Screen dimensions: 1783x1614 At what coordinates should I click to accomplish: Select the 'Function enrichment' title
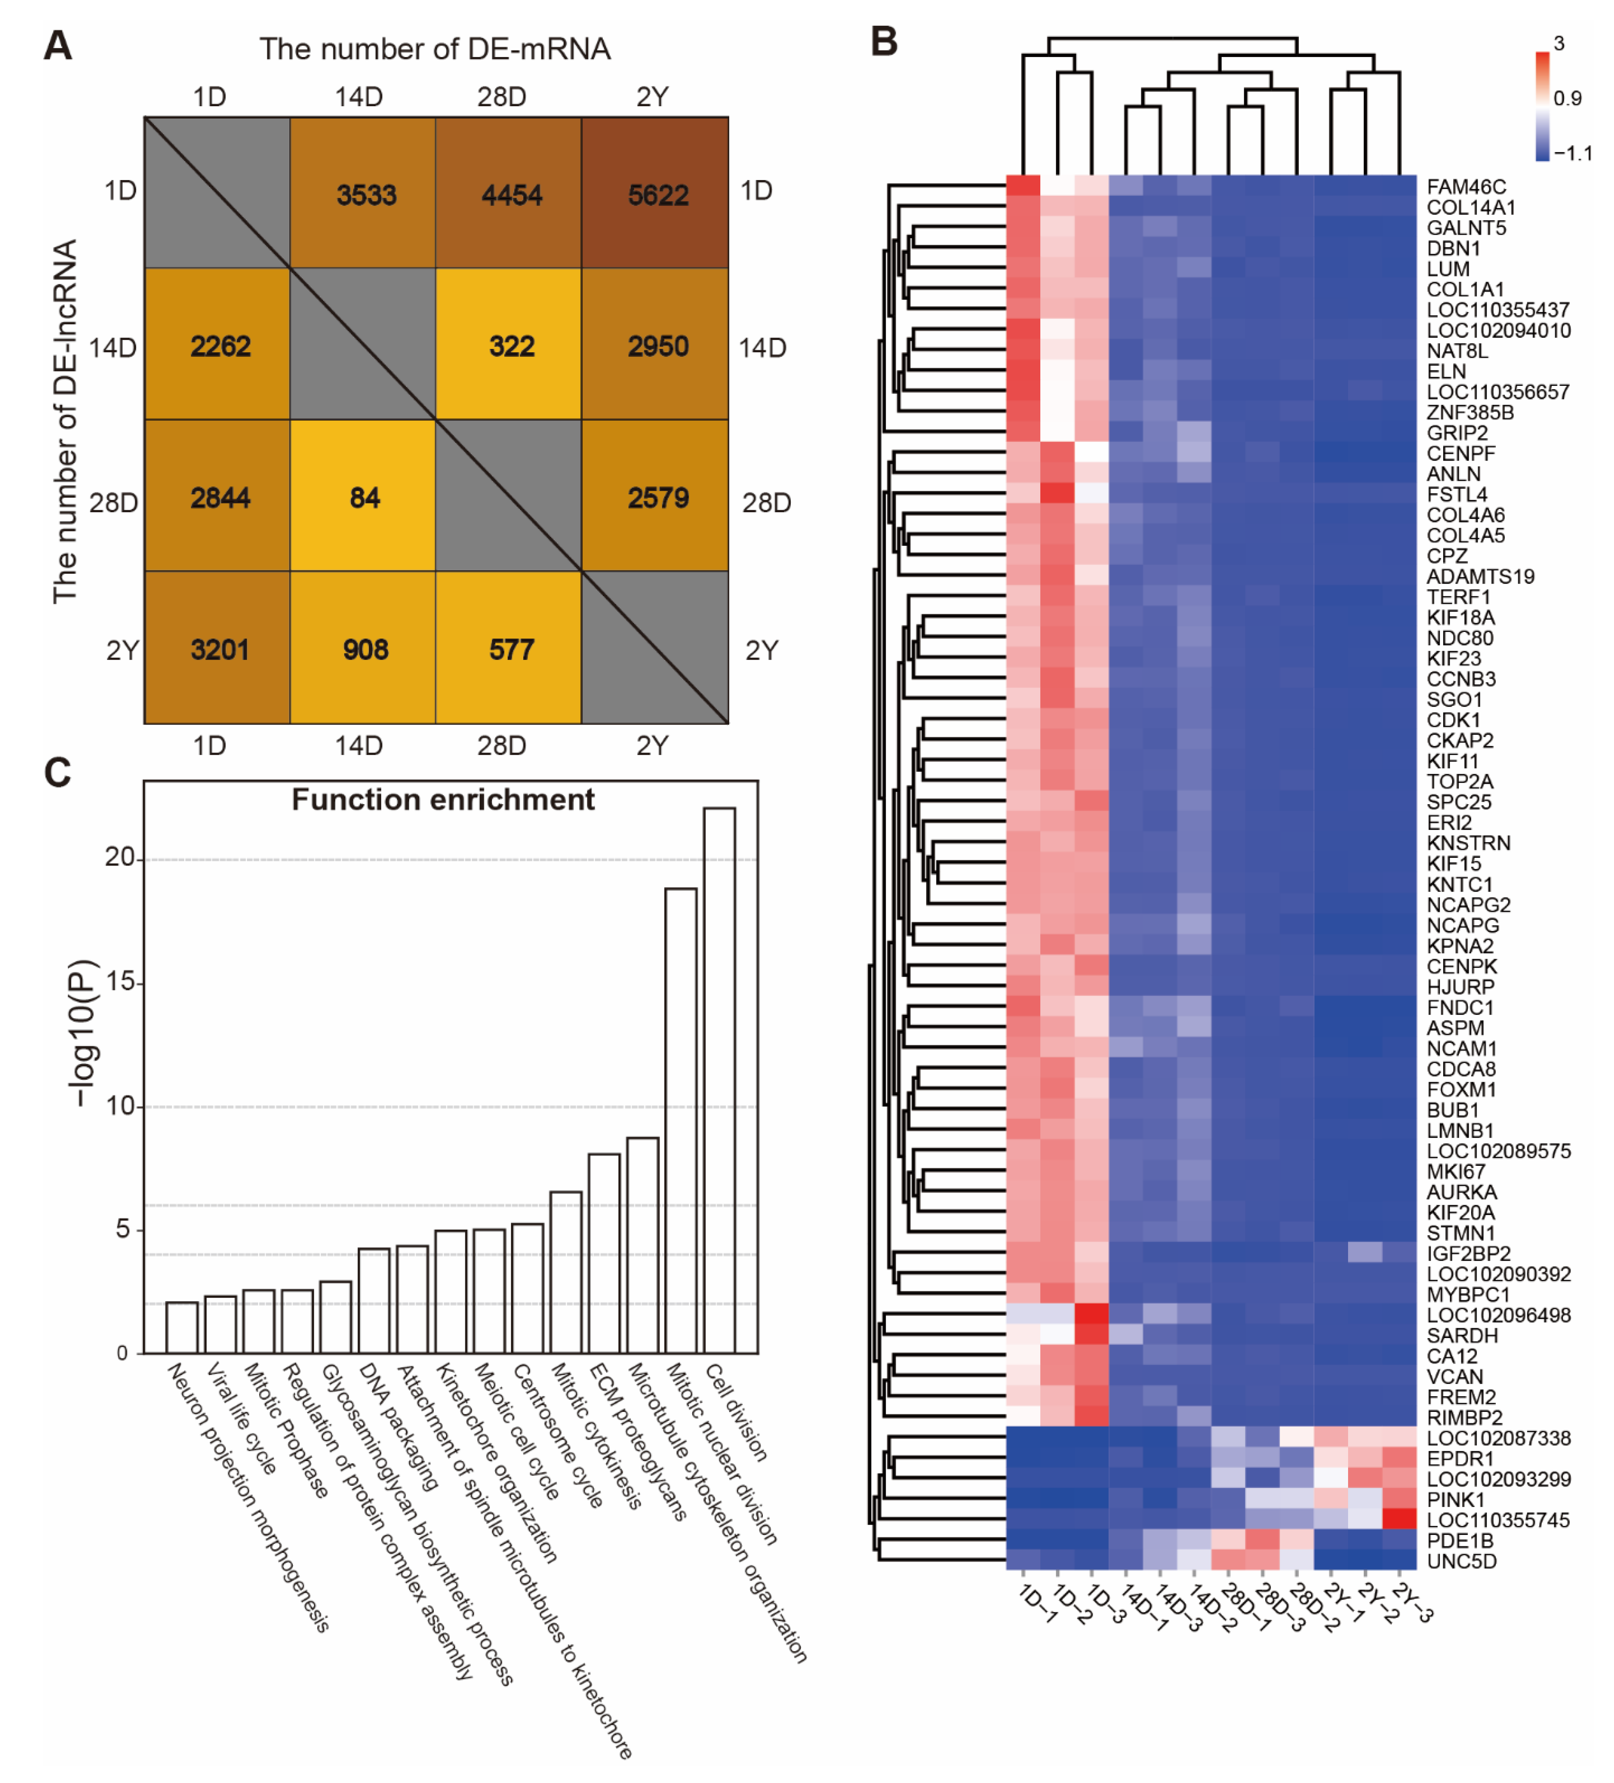[x=442, y=800]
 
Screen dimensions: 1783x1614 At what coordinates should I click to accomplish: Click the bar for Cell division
[x=719, y=1079]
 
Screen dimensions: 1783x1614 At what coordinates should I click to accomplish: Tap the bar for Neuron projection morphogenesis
[x=181, y=1327]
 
